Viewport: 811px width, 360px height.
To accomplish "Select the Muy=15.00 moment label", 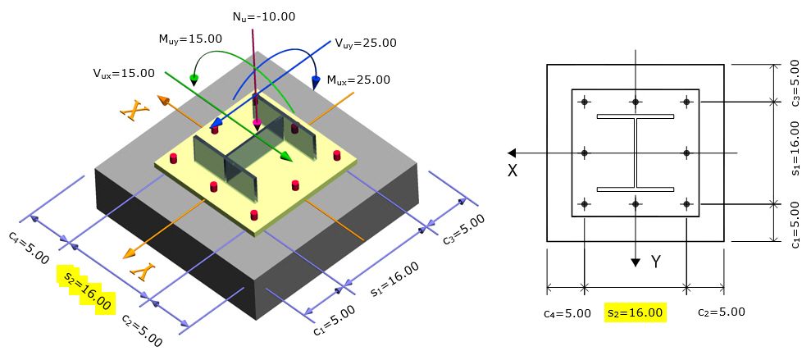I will pyautogui.click(x=190, y=38).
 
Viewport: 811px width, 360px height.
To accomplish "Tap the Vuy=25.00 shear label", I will pyautogui.click(x=365, y=43).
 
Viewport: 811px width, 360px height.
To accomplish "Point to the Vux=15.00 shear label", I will pyautogui.click(x=124, y=73).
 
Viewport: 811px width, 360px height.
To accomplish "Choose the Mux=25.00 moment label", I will pyautogui.click(x=358, y=80).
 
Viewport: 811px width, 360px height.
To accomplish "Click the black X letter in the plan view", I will pyautogui.click(x=512, y=171).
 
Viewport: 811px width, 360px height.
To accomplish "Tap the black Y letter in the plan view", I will pyautogui.click(x=655, y=262).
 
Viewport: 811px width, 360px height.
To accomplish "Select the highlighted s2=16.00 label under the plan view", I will pyautogui.click(x=633, y=312).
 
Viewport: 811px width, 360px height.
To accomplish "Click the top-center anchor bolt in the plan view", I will pyautogui.click(x=636, y=102).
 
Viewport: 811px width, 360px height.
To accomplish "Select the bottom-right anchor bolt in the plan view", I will pyautogui.click(x=686, y=203).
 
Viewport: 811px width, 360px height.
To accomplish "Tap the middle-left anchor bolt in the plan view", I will pyautogui.click(x=585, y=153).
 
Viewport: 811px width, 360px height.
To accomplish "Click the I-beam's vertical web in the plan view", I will pyautogui.click(x=636, y=153).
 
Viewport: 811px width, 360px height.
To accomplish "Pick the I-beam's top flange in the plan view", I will pyautogui.click(x=636, y=116).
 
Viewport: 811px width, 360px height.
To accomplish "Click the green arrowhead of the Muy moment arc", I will pyautogui.click(x=194, y=80).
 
